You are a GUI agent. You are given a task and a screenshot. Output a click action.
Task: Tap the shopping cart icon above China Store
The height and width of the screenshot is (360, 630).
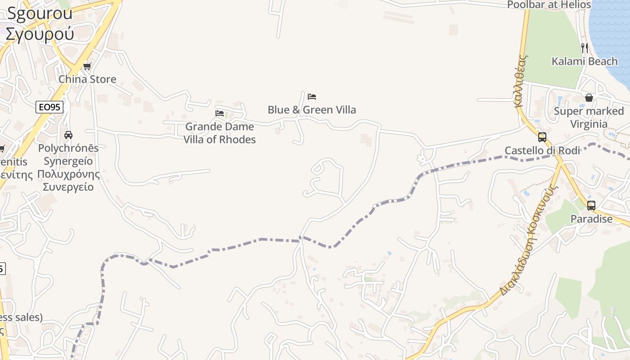click(x=87, y=67)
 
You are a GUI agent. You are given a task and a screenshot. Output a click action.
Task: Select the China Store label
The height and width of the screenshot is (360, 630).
click(x=87, y=79)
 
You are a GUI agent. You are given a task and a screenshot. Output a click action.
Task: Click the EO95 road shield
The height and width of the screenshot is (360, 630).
click(x=49, y=107)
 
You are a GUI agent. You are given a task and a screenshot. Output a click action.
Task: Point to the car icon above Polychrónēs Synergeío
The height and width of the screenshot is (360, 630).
click(x=68, y=135)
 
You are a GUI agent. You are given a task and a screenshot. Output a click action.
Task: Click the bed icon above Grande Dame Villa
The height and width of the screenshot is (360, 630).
click(x=220, y=113)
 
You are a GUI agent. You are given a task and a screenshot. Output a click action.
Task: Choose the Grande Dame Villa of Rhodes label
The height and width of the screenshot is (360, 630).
click(x=220, y=133)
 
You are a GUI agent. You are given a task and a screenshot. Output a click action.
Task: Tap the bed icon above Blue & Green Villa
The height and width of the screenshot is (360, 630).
click(x=312, y=97)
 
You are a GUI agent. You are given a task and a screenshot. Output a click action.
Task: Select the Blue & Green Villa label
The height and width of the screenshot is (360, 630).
click(x=312, y=110)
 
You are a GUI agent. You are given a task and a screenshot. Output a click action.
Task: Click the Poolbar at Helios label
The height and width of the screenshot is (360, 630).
click(x=549, y=5)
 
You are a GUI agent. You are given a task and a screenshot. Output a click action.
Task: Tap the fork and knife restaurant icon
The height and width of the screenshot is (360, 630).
click(x=585, y=48)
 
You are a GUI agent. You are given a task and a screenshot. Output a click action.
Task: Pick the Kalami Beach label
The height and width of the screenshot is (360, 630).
click(x=585, y=61)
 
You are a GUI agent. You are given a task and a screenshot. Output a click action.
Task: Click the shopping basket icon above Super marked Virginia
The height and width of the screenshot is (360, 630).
click(x=589, y=98)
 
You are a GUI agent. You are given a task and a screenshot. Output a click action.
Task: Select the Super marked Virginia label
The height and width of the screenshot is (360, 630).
click(x=589, y=117)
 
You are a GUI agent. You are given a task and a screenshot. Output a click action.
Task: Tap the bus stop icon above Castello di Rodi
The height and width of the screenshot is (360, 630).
click(x=542, y=137)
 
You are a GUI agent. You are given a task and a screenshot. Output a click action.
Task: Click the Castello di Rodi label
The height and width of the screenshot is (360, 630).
click(x=542, y=150)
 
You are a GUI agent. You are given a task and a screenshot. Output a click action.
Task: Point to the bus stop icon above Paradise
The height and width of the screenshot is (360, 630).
click(x=591, y=206)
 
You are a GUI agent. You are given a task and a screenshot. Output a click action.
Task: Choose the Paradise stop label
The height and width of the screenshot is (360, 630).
click(x=591, y=219)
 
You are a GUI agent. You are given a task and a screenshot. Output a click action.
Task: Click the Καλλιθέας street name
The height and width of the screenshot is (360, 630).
click(x=521, y=81)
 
